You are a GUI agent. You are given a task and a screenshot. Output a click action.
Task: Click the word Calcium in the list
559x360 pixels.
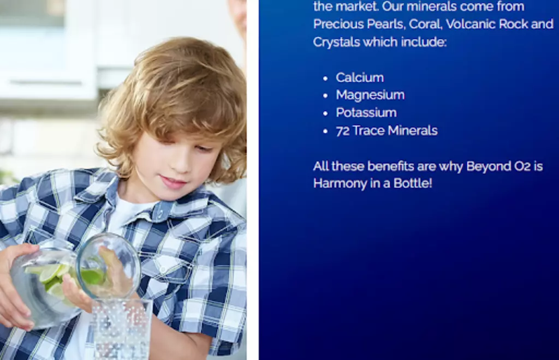(x=360, y=77)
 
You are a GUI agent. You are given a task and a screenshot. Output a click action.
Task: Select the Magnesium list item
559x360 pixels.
(x=370, y=95)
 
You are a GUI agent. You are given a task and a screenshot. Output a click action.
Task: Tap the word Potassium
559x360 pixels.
(x=366, y=112)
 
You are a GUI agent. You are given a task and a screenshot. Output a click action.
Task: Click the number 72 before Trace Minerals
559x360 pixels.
(x=343, y=131)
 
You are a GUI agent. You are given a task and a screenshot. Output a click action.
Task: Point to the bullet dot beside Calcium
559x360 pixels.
(x=325, y=79)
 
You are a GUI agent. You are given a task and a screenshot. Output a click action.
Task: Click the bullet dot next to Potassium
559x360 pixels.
(x=325, y=113)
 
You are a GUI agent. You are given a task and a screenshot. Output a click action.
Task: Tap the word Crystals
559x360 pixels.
(x=336, y=43)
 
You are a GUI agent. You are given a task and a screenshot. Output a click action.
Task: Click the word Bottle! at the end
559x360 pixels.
(x=413, y=183)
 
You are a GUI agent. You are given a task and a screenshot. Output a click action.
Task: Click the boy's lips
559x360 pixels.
(x=173, y=182)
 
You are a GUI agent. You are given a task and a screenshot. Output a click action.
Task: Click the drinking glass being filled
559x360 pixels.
(x=122, y=329)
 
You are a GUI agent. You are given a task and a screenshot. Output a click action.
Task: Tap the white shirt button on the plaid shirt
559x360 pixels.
(x=163, y=269)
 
